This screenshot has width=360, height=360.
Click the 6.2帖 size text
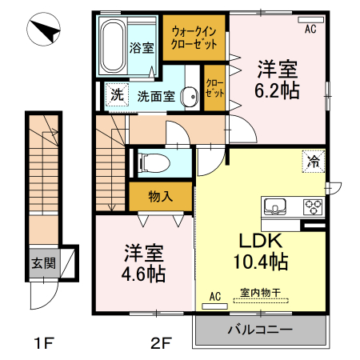pos(278,90)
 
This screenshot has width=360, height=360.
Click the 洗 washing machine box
pos(117,95)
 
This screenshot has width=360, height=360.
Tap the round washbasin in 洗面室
pos(190,97)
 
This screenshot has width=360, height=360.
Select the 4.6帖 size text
pos(144,274)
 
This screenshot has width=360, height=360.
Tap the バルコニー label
pos(260,329)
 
